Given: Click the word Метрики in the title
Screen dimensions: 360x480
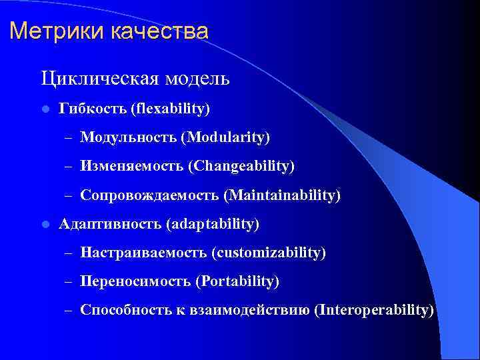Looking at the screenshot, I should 51,31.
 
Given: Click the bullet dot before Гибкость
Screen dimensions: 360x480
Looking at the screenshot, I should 43,109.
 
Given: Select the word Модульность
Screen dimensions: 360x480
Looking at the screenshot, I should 128,137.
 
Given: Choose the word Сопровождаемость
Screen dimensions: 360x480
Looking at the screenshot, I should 149,195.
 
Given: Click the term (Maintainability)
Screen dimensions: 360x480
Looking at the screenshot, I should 282,195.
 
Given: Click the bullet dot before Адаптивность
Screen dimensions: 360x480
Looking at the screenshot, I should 43,225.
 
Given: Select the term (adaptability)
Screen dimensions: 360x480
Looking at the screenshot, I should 215,224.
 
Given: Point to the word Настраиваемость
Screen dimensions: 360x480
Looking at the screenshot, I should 143,253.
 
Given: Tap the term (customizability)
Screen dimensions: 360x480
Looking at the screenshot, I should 269,253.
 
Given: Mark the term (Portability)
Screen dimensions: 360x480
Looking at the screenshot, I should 237,281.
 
